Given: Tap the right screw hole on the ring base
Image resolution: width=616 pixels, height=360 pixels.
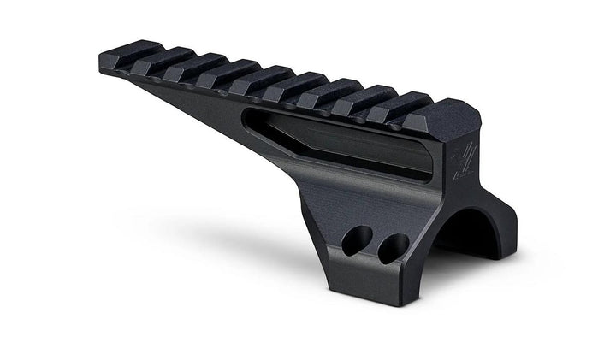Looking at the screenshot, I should click(x=393, y=248).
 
